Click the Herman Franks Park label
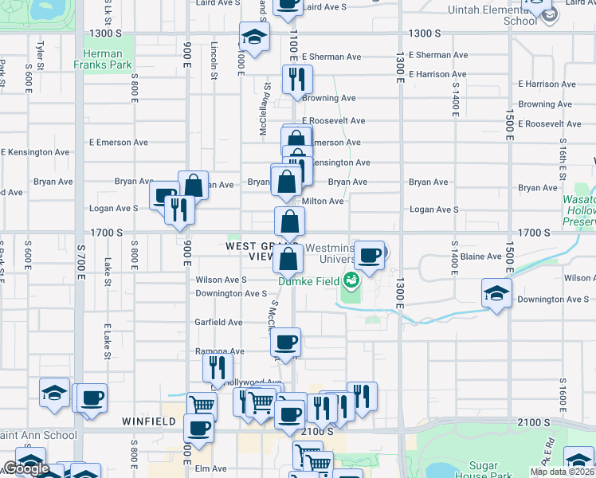(108, 61)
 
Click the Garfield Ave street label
(219, 323)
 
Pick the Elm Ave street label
(212, 468)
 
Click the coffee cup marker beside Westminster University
(370, 256)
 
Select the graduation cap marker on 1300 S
(254, 37)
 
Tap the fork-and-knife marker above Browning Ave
(297, 80)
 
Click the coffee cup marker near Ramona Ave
(285, 343)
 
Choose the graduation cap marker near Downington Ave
(496, 293)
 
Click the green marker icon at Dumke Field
(350, 280)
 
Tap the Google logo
(26, 469)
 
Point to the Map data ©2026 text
(562, 472)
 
